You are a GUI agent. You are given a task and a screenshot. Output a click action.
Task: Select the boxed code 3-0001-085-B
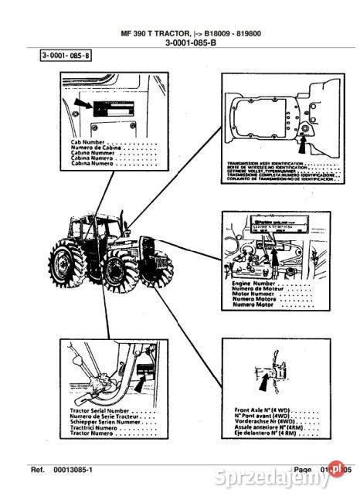(66, 56)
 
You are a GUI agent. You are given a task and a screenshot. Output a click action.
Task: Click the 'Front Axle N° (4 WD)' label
(260, 410)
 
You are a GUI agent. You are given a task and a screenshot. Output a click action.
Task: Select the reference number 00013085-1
(73, 469)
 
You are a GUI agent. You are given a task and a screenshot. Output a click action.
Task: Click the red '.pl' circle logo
(337, 468)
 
